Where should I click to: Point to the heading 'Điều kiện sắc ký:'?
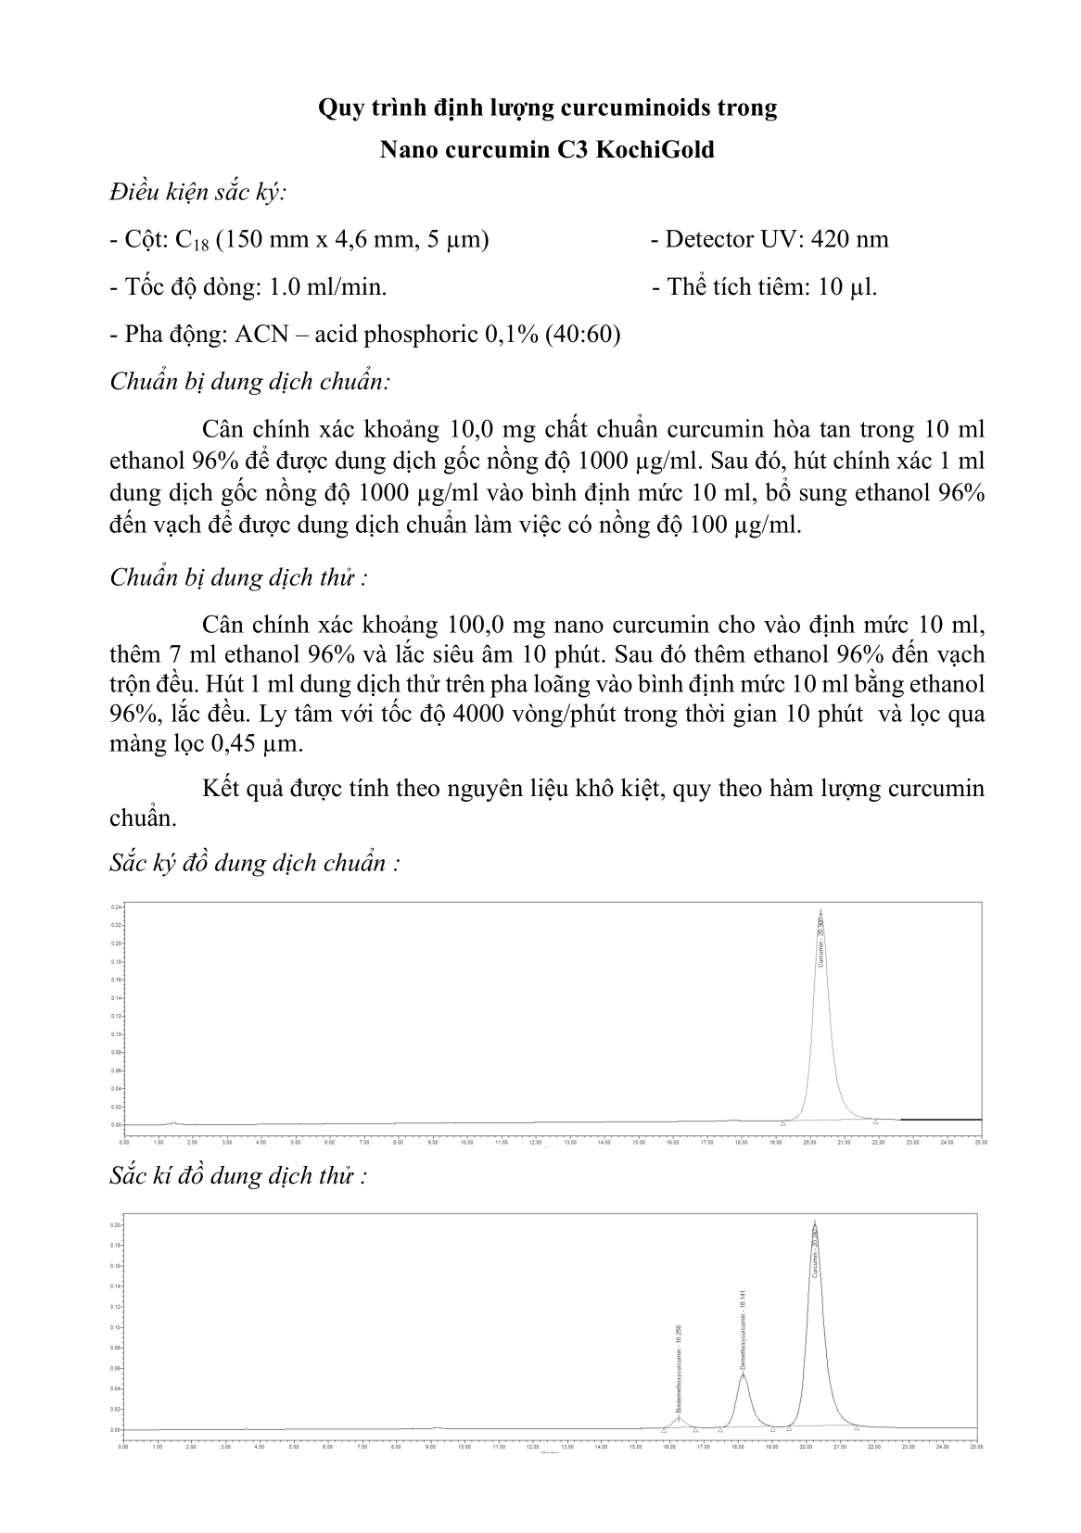tap(197, 194)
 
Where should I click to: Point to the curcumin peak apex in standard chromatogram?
tap(820, 910)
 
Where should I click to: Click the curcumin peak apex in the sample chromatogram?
tap(814, 1222)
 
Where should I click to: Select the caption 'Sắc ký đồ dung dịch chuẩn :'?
tap(255, 863)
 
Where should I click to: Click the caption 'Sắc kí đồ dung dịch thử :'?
tap(238, 1176)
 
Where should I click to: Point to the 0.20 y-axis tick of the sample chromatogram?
tap(116, 1225)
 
